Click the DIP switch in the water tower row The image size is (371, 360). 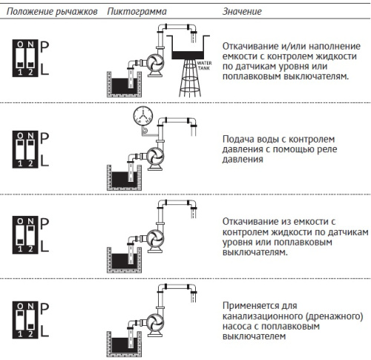click(26, 56)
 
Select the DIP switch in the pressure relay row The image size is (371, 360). click(26, 148)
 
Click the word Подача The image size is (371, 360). click(239, 138)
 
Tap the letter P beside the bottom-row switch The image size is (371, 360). click(45, 307)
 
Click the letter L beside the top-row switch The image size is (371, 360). click(45, 68)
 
